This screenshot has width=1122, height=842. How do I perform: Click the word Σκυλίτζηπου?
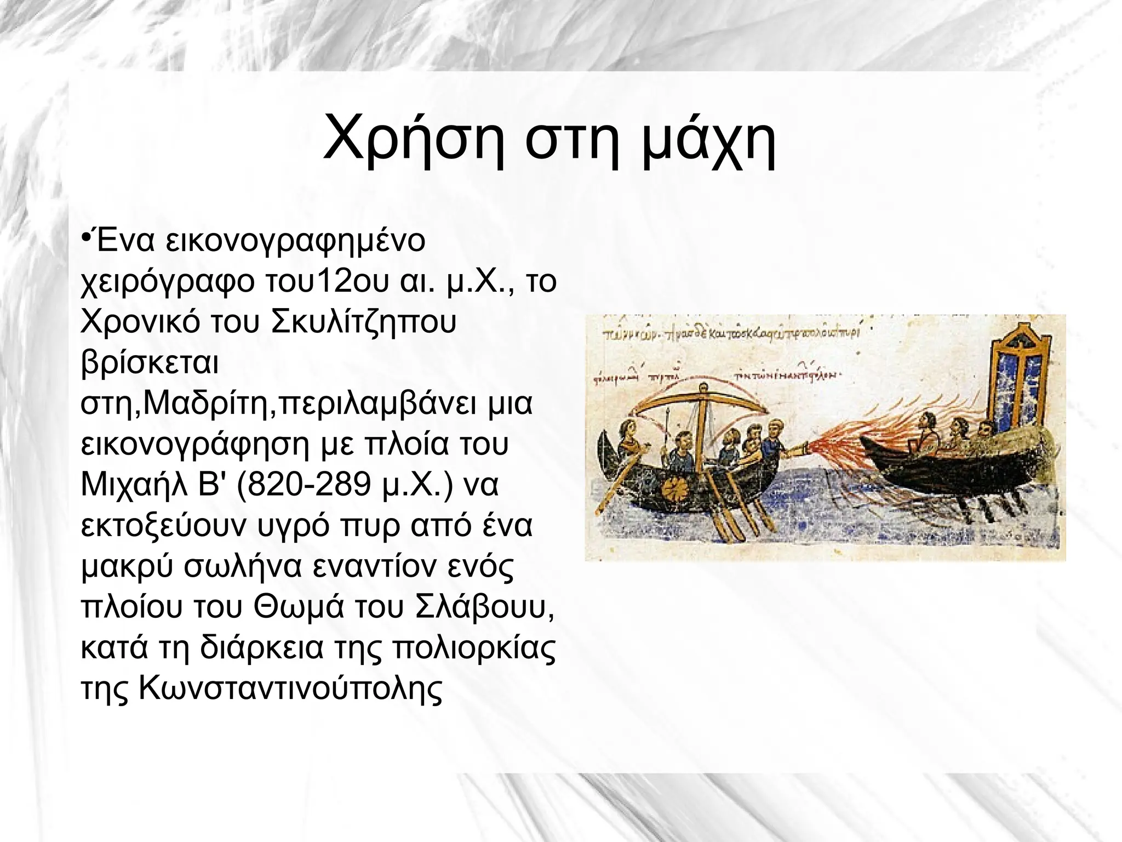coord(363,323)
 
